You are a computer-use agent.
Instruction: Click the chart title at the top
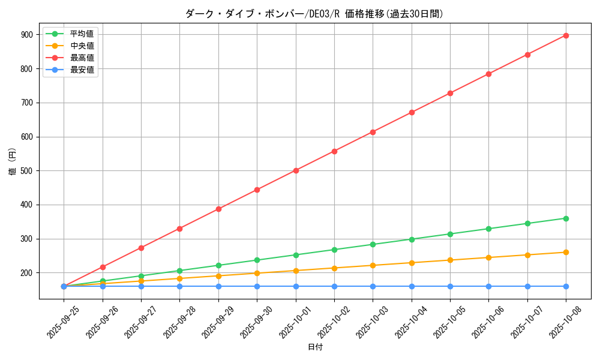click(x=314, y=14)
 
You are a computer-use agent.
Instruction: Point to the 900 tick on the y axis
click(x=28, y=35)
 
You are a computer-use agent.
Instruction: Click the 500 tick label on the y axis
click(x=28, y=171)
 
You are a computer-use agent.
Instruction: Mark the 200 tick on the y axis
click(x=28, y=273)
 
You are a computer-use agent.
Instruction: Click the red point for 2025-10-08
click(x=566, y=35)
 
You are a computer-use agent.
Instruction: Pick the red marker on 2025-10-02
click(x=334, y=151)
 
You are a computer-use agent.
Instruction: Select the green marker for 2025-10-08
click(x=566, y=218)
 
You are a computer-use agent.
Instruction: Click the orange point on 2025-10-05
click(x=450, y=260)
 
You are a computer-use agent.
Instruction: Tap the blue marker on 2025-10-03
click(x=373, y=286)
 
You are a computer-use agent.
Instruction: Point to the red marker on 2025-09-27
click(x=141, y=248)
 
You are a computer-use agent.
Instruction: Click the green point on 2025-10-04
click(x=412, y=239)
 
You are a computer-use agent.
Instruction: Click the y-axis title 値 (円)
click(x=13, y=162)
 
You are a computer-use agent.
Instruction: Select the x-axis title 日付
click(x=315, y=347)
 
